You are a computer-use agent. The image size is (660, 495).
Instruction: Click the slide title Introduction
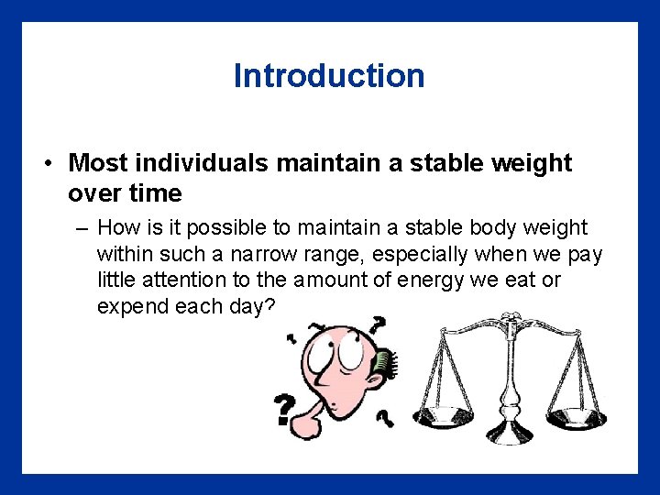coord(329,75)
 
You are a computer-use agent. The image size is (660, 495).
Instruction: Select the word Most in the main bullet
coord(98,164)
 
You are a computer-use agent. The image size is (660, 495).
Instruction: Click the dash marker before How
coord(80,227)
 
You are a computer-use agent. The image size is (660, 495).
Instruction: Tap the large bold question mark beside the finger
coord(285,411)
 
